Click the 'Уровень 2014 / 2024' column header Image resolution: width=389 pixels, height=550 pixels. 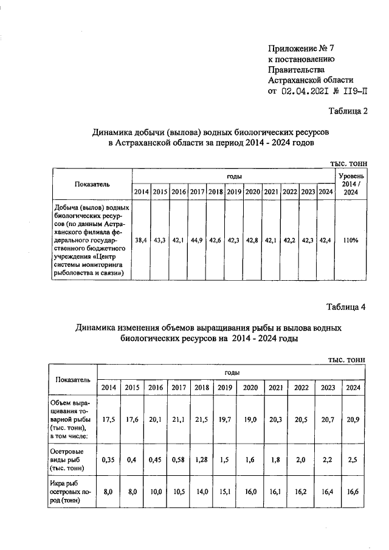click(350, 184)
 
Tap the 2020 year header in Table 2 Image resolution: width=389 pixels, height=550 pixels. click(252, 192)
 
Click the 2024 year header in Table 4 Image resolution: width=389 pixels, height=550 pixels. click(353, 387)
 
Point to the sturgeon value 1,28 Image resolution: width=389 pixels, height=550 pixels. click(201, 460)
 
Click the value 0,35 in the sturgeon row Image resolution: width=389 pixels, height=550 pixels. click(109, 460)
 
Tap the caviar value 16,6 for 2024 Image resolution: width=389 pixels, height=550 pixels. click(353, 493)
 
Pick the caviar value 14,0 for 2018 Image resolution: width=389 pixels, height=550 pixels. click(201, 493)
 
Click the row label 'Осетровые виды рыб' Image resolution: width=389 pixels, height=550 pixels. click(69, 460)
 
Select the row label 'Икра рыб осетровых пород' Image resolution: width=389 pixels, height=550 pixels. click(70, 493)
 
